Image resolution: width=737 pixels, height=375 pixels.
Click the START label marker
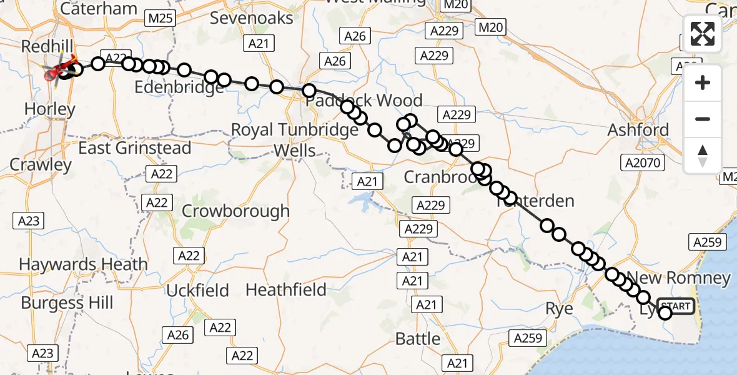(x=676, y=306)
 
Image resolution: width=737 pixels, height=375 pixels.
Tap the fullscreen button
(x=703, y=34)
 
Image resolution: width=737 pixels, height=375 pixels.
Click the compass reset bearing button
(x=703, y=156)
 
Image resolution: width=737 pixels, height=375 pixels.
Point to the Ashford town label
(x=639, y=130)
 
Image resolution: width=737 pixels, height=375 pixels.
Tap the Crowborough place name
(x=235, y=211)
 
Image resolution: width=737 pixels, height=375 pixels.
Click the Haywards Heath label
(x=83, y=264)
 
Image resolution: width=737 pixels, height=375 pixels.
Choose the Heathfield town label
(x=286, y=289)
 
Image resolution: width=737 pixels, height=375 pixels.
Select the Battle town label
(x=418, y=339)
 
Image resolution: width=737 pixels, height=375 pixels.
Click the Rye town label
(x=559, y=307)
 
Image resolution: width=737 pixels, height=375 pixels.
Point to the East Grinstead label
(x=134, y=148)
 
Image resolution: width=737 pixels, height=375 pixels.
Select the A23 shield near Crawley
(x=28, y=220)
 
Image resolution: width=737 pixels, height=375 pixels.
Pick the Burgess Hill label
(x=67, y=303)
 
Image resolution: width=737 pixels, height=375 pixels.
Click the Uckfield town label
(x=197, y=290)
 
